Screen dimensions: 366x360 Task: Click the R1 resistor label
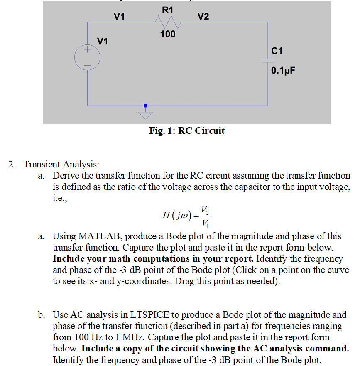[167, 10]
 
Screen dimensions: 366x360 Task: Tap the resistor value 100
[168, 34]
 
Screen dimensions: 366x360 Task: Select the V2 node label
[203, 17]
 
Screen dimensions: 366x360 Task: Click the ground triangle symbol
[145, 113]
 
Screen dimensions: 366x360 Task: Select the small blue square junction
[145, 106]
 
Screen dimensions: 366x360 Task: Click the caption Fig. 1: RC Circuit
[187, 131]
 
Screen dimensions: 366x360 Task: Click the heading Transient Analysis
[62, 165]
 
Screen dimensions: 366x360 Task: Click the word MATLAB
[99, 236]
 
